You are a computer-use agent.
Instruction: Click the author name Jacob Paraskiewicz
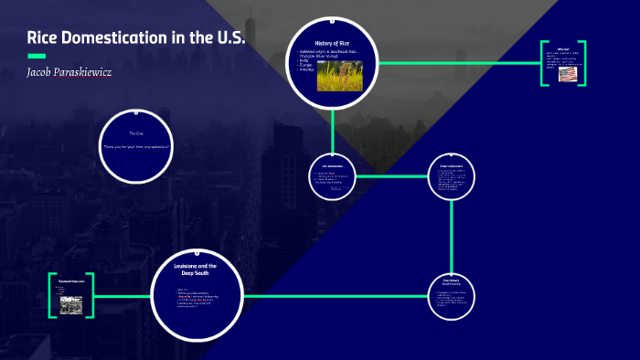[x=70, y=71]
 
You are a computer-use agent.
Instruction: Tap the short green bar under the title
[x=37, y=55]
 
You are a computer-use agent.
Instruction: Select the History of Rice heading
[x=333, y=45]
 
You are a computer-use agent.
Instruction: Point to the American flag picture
[x=568, y=74]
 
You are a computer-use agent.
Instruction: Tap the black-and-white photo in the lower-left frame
[x=71, y=305]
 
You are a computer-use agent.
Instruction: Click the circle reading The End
[x=136, y=145]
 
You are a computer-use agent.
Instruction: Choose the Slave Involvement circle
[x=453, y=176]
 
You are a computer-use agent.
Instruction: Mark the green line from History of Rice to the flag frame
[x=457, y=62]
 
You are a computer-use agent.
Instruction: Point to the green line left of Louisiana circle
[x=121, y=296]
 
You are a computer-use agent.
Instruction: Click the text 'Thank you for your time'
[x=136, y=146]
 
